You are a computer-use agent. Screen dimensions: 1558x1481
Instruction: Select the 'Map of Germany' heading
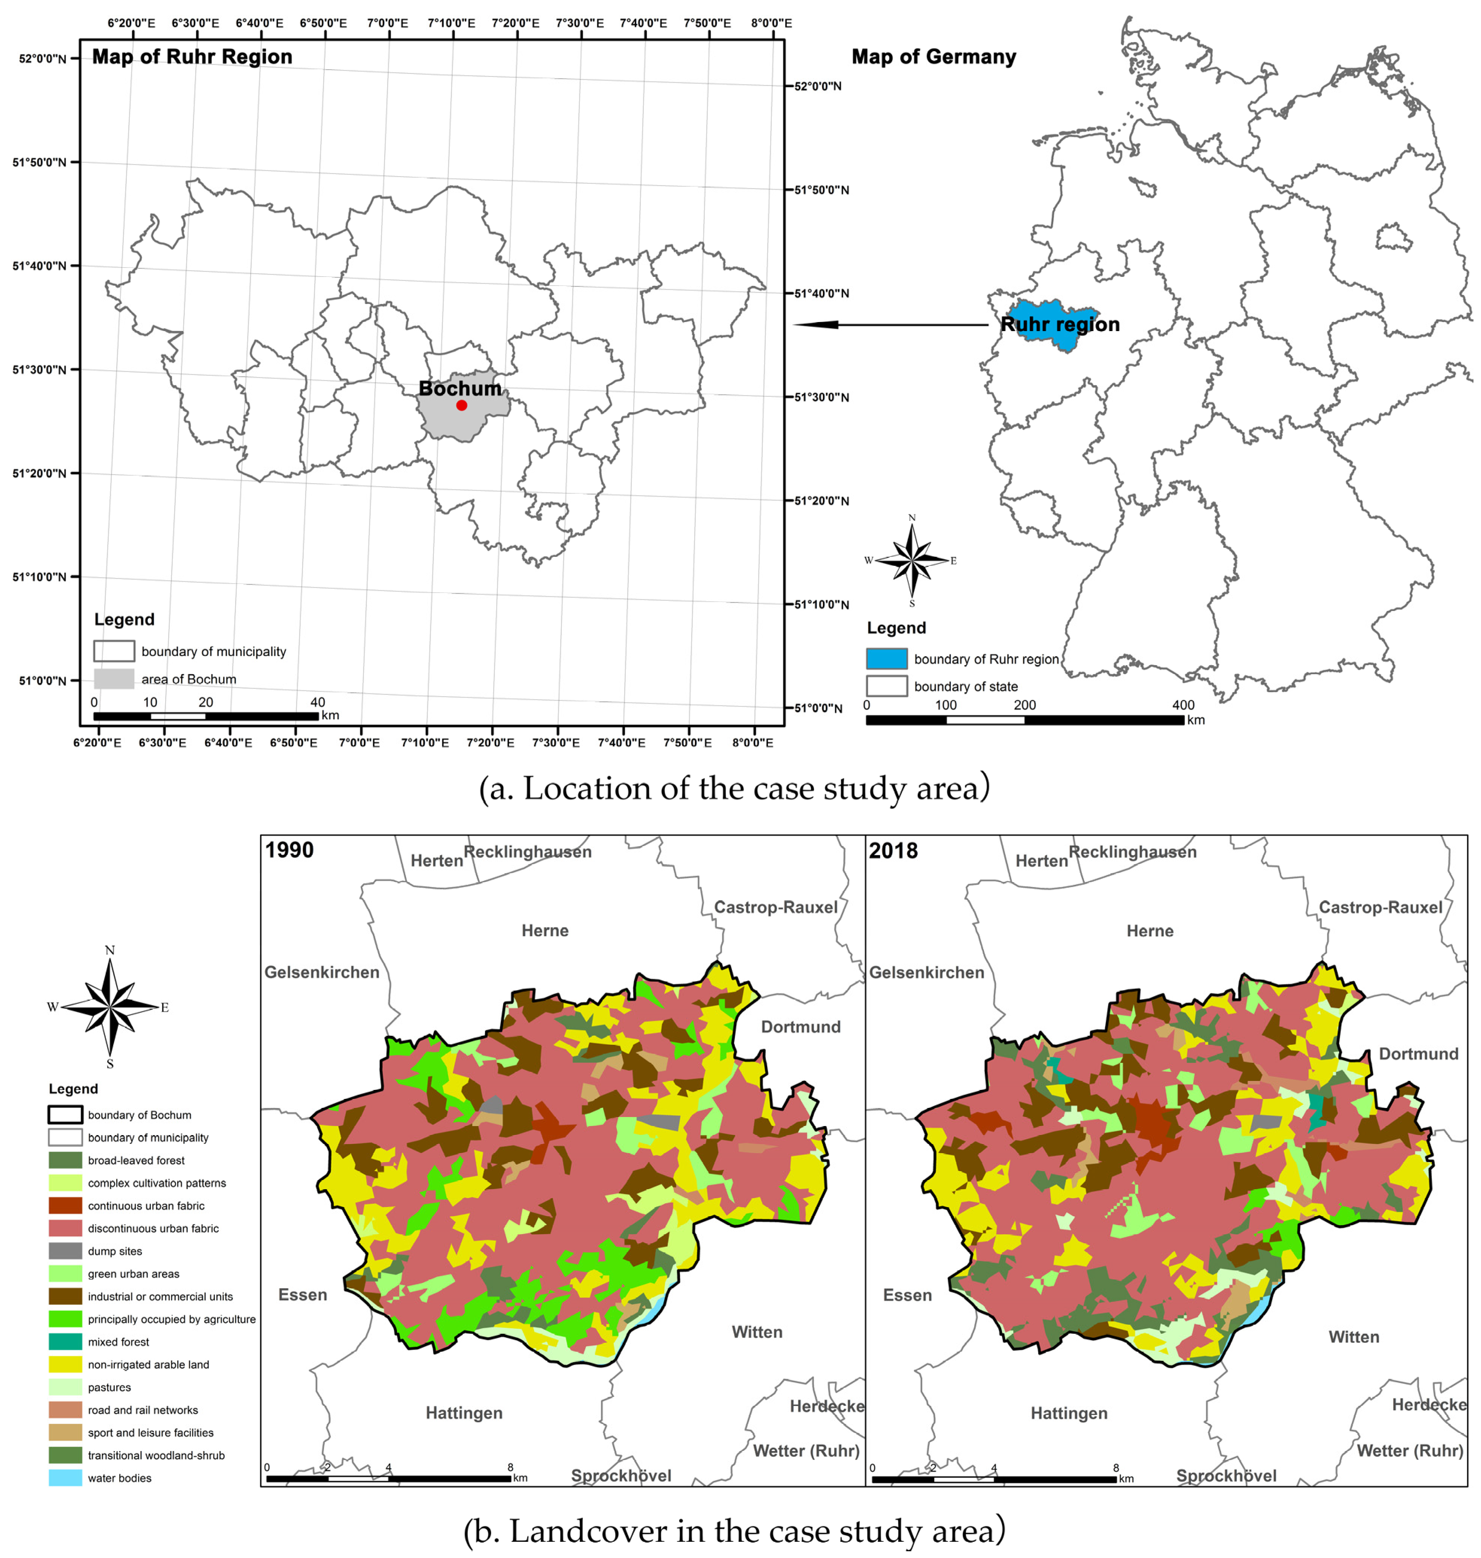(934, 57)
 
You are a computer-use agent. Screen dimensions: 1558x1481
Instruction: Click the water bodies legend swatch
(65, 1478)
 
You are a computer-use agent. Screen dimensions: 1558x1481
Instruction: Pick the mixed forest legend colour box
(65, 1342)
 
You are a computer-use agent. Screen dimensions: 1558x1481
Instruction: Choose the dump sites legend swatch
(65, 1251)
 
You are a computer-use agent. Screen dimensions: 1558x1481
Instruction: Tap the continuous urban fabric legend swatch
(65, 1206)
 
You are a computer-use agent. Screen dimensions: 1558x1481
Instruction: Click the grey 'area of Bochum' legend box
(114, 679)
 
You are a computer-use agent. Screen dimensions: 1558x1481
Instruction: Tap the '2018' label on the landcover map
(894, 851)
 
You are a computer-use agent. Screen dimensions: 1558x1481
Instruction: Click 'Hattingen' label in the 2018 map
(1069, 1413)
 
